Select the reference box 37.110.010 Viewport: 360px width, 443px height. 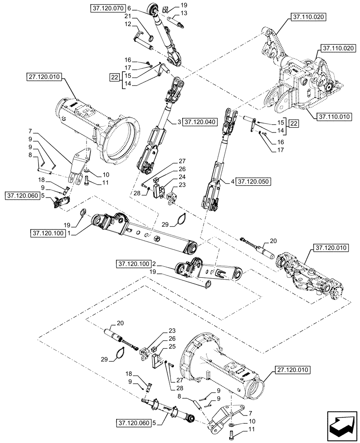(x=334, y=117)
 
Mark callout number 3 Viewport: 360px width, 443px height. (x=179, y=122)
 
